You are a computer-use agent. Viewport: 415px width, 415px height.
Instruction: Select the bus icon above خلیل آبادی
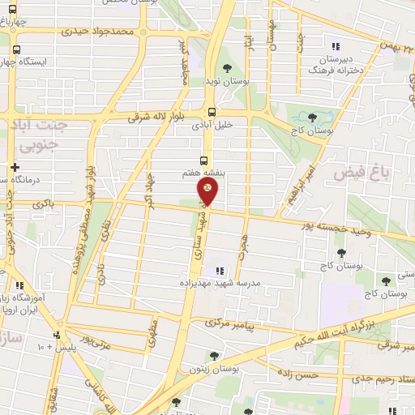point(212,113)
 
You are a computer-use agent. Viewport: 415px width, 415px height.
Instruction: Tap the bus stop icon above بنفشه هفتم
point(204,160)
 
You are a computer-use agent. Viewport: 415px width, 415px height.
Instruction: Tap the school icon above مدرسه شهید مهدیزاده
point(218,271)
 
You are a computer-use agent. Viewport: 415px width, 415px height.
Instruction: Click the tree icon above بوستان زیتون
point(214,356)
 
